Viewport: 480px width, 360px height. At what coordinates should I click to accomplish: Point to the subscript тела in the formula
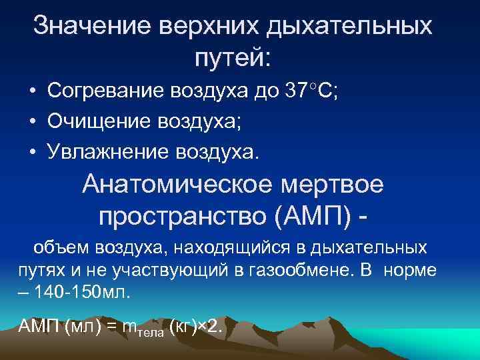pos(151,332)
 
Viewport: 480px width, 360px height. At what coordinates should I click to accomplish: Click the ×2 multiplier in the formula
pos(213,327)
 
